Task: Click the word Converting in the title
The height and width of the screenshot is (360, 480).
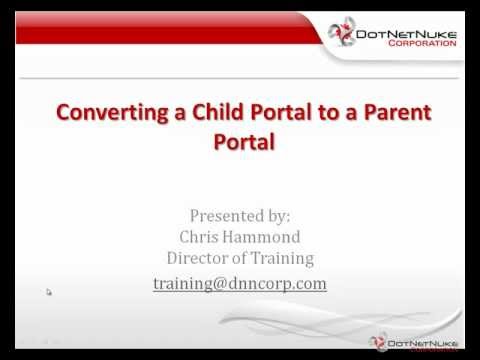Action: point(100,111)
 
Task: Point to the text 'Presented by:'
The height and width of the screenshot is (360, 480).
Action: point(240,214)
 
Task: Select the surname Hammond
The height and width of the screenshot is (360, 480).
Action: point(265,236)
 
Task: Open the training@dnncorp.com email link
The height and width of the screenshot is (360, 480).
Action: point(240,283)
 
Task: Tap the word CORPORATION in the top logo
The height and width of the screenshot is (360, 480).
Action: point(421,46)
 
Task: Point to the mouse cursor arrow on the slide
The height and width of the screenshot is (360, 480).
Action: point(48,292)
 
